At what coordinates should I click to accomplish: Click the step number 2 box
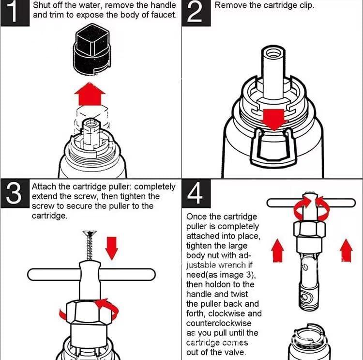coord(196,13)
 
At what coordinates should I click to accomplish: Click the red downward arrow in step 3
coord(112,247)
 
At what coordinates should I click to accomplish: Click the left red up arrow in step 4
coord(277,251)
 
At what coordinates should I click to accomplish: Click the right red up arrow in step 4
coord(346,251)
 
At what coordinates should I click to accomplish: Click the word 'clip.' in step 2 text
coord(305,6)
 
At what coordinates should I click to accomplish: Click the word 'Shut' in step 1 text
coord(42,6)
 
